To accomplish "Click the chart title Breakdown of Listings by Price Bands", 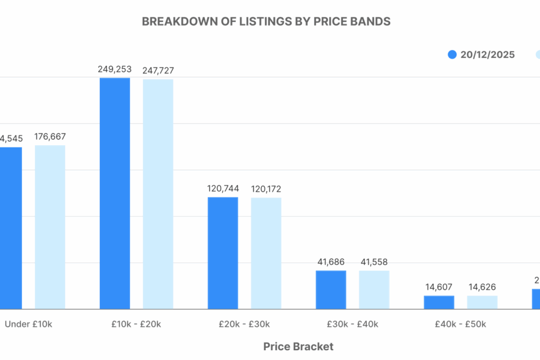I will [266, 21].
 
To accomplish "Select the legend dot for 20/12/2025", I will [452, 55].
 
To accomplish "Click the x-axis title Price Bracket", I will [298, 347].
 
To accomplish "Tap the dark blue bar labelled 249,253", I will [115, 193].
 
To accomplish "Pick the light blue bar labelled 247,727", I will [158, 194].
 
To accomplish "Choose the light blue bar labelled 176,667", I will [50, 227].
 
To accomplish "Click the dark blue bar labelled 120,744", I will [223, 253].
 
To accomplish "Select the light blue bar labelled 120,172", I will [266, 253].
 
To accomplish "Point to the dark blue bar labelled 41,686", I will [331, 290].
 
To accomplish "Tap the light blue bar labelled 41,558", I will [374, 290].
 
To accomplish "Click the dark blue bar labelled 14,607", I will [439, 302].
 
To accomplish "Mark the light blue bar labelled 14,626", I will [482, 302].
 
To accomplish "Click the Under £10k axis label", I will [28, 324].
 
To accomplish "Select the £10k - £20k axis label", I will [136, 324].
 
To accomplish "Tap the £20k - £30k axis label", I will [244, 324].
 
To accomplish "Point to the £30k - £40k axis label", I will [352, 324].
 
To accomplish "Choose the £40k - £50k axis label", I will [460, 324].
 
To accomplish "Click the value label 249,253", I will [115, 70].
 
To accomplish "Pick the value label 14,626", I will [482, 287].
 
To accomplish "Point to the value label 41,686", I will [331, 262].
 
